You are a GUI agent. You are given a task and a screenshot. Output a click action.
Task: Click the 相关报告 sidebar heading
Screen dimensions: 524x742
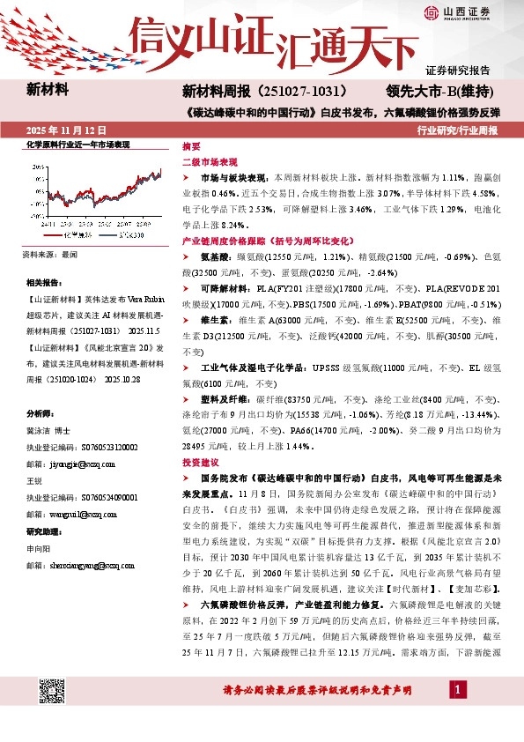(43, 282)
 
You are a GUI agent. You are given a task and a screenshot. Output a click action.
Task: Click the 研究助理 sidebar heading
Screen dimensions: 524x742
(43, 531)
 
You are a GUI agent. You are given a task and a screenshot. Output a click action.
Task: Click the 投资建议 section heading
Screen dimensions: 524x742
(201, 463)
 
